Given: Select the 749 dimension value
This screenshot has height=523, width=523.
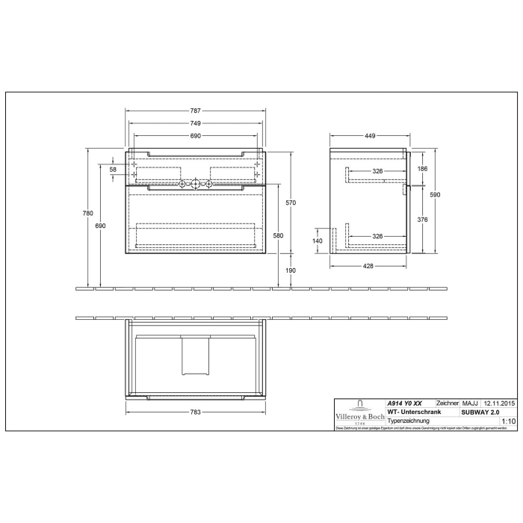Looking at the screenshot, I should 195,123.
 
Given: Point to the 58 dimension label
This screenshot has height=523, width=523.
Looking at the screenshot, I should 114,170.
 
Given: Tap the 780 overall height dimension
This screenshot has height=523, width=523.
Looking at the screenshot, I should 88,214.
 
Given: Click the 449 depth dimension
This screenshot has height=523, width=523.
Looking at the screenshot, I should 369,137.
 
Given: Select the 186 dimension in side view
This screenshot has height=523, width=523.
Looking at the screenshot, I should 422,170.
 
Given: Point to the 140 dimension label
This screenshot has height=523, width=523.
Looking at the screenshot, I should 317,241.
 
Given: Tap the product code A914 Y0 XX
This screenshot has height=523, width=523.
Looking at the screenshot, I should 409,403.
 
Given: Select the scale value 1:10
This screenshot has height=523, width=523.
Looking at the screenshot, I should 509,421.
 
